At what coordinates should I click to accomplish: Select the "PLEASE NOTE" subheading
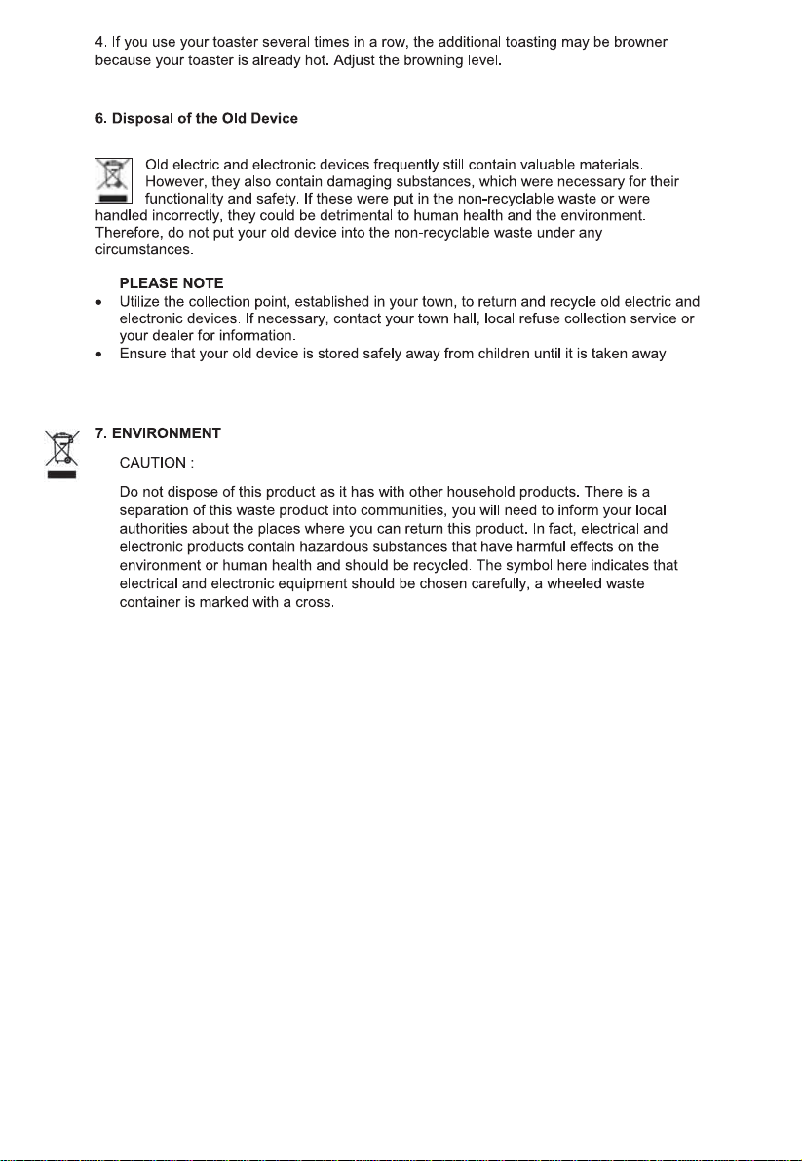click(172, 282)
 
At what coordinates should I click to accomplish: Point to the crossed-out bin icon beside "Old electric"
click(112, 180)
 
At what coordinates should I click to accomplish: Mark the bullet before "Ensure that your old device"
click(98, 355)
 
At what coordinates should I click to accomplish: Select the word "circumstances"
click(138, 249)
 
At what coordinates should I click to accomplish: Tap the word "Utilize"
click(139, 301)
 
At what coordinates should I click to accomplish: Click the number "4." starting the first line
click(100, 43)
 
